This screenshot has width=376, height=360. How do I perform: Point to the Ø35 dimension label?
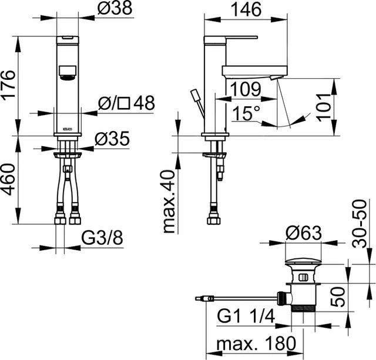tap(112, 139)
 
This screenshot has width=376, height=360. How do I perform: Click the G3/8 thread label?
tap(102, 238)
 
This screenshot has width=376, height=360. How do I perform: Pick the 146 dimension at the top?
tap(246, 9)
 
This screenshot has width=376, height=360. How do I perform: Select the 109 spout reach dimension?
tap(246, 89)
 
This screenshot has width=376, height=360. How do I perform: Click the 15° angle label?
tap(246, 113)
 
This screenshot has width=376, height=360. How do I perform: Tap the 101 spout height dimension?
tap(324, 108)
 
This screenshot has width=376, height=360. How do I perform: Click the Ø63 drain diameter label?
tap(304, 233)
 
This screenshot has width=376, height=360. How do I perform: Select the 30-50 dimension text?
tap(360, 224)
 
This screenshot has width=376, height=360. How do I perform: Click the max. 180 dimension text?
tap(256, 344)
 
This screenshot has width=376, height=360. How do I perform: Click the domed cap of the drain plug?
tap(303, 261)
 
